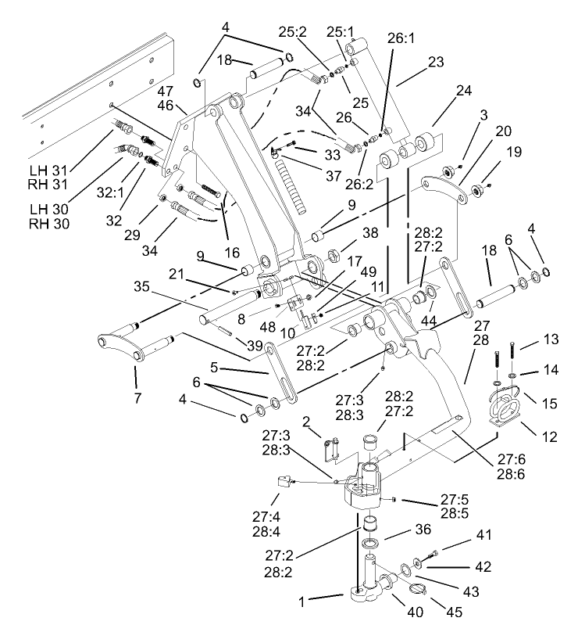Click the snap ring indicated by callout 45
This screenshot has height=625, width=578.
tap(416, 591)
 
